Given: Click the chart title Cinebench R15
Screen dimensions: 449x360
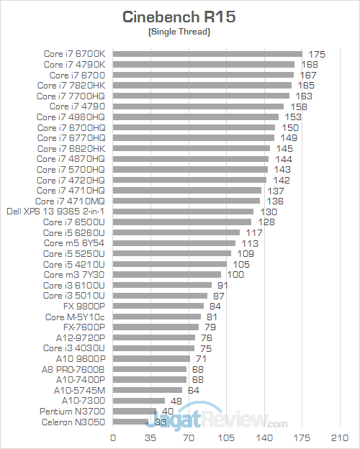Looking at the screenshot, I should (179, 17).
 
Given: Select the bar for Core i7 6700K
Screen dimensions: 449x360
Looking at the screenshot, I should (207, 53).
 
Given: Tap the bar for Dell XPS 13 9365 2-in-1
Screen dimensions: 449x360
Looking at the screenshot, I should (183, 212).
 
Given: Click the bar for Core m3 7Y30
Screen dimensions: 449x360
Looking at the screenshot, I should (167, 274).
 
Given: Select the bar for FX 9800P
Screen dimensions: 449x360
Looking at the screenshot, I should (158, 306).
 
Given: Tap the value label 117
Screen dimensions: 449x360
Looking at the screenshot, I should (254, 233).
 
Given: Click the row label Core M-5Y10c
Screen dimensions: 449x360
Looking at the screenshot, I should (75, 317).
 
